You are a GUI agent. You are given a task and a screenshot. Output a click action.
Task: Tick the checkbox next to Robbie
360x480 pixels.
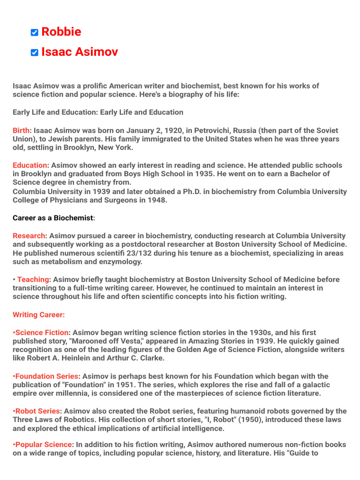pyautogui.click(x=34, y=32)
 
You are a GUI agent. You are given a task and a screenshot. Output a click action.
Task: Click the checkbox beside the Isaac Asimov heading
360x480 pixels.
pyautogui.click(x=34, y=52)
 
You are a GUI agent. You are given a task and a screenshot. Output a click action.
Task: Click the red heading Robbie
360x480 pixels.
pyautogui.click(x=61, y=32)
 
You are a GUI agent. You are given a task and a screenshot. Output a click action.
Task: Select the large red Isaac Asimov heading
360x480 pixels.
pyautogui.click(x=79, y=52)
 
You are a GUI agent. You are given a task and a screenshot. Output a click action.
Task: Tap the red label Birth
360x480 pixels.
pyautogui.click(x=21, y=130)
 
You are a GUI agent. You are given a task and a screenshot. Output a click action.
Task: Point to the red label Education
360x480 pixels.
pyautogui.click(x=30, y=165)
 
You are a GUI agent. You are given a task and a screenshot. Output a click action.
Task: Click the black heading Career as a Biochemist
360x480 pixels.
pyautogui.click(x=53, y=218)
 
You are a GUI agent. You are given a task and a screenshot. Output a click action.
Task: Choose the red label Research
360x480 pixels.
pyautogui.click(x=29, y=236)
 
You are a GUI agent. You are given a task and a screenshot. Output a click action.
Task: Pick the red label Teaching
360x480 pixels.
pyautogui.click(x=33, y=279)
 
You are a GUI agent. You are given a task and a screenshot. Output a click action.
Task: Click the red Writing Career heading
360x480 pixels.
pyautogui.click(x=39, y=315)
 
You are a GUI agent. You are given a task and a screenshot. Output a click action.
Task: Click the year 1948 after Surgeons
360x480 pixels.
pyautogui.click(x=156, y=200)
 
